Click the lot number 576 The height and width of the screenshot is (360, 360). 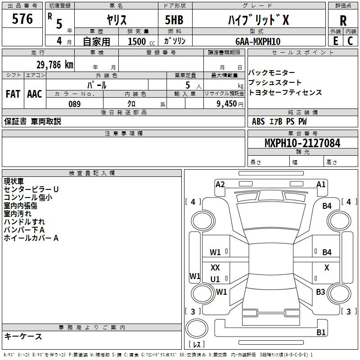click(22, 19)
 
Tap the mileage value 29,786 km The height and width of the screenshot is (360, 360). click(55, 64)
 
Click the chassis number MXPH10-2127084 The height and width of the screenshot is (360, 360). click(302, 143)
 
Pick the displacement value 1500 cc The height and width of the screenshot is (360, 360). click(140, 41)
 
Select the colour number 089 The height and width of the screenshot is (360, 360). click(75, 104)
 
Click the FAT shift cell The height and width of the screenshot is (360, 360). click(13, 94)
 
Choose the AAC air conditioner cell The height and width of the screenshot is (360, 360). click(35, 94)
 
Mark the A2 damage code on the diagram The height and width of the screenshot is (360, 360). click(220, 184)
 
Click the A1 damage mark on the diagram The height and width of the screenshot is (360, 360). click(321, 184)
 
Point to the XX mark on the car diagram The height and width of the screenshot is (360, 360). click(215, 268)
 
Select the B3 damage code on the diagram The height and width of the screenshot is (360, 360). click(320, 292)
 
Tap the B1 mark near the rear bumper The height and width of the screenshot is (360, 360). click(321, 333)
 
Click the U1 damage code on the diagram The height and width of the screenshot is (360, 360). click(215, 279)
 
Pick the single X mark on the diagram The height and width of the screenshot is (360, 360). click(327, 268)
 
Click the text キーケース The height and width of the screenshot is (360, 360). click(23, 337)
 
